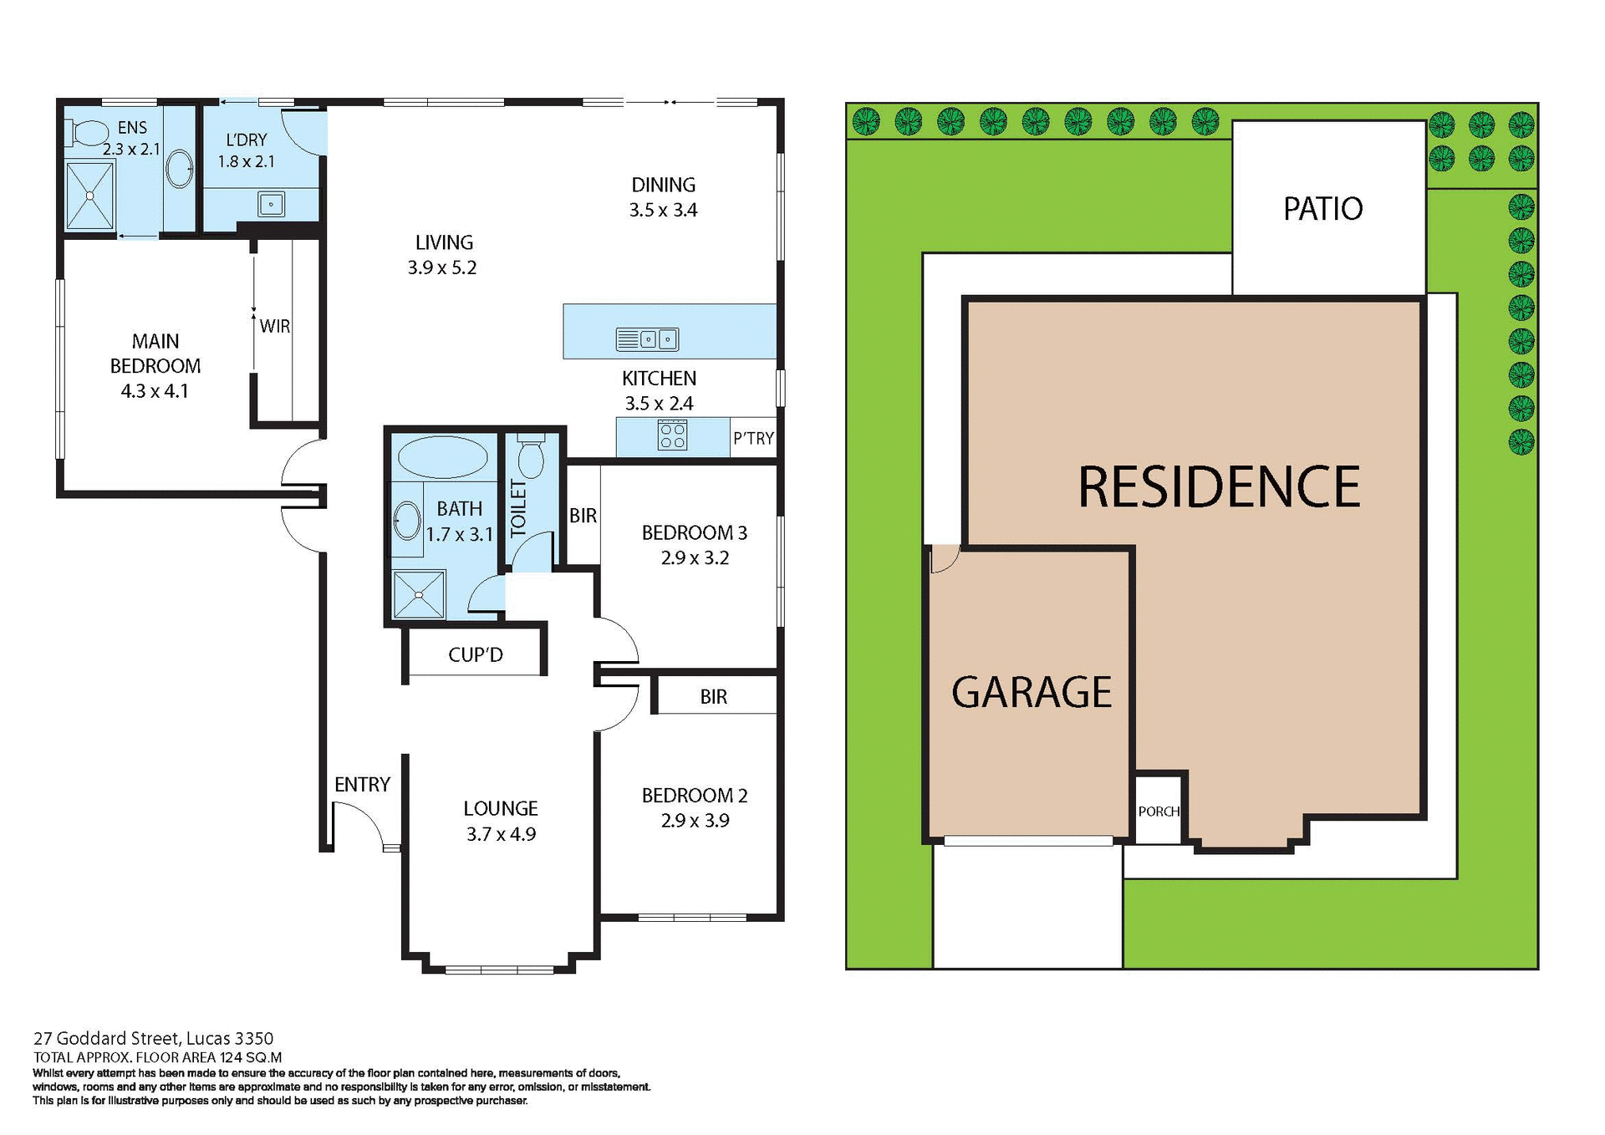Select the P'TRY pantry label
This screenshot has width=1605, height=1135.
pyautogui.click(x=753, y=439)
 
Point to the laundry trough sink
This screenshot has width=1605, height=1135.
pyautogui.click(x=271, y=204)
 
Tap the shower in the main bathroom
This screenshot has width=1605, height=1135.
pyautogui.click(x=419, y=594)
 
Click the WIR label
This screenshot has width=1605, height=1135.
pyautogui.click(x=275, y=327)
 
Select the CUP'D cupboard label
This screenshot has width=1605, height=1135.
pyautogui.click(x=476, y=655)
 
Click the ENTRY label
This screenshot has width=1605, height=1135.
pyautogui.click(x=362, y=785)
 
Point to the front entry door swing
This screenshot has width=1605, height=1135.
pyautogui.click(x=358, y=823)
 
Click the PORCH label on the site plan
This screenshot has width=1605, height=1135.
pyautogui.click(x=1159, y=812)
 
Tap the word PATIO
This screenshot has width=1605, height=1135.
pyautogui.click(x=1322, y=209)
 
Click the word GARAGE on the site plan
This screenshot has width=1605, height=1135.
pyautogui.click(x=1032, y=693)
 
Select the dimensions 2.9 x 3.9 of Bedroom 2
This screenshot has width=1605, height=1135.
pyautogui.click(x=695, y=821)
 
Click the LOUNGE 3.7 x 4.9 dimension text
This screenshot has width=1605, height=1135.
pyautogui.click(x=501, y=834)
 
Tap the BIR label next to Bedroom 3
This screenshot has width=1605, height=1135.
pyautogui.click(x=583, y=516)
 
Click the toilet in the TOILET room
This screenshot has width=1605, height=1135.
pyautogui.click(x=531, y=457)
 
